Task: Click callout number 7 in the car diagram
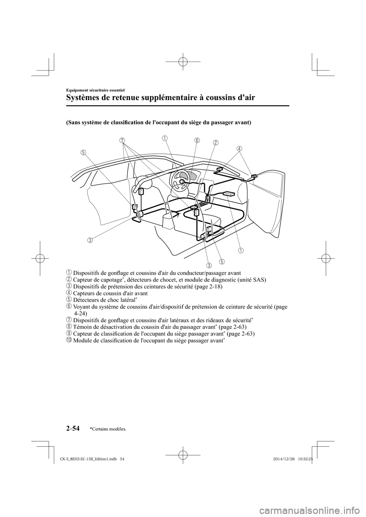click(x=122, y=140)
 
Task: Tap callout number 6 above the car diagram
click(x=197, y=140)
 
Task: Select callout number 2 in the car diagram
click(x=215, y=142)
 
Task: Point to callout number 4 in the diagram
click(x=239, y=148)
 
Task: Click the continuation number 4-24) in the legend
click(x=80, y=313)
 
